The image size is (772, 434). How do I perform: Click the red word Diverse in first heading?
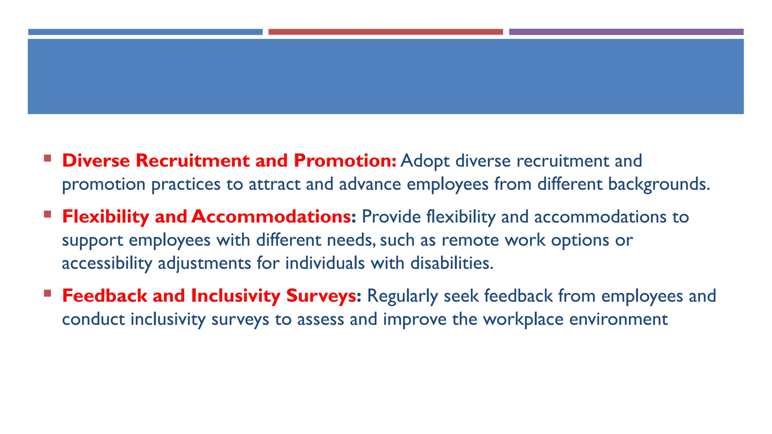click(96, 160)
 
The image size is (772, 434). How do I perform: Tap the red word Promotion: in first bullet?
click(345, 160)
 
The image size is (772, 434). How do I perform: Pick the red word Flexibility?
click(106, 217)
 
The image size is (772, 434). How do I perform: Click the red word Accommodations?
click(271, 217)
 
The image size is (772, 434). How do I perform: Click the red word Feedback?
click(104, 296)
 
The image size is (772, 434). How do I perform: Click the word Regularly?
click(402, 296)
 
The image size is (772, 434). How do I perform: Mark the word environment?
click(618, 319)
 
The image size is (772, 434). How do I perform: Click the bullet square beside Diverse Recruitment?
click(47, 158)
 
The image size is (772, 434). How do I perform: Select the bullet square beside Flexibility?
click(47, 214)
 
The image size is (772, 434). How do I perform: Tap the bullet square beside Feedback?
click(47, 293)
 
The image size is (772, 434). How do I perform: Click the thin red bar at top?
click(385, 32)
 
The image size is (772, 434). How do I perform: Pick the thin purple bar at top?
click(626, 32)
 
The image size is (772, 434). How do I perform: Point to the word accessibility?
click(107, 263)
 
